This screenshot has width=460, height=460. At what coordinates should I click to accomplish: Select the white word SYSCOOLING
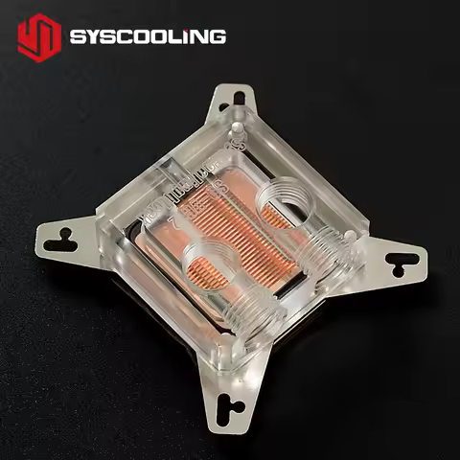tap(148, 37)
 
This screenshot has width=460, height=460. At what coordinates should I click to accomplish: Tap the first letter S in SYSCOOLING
tap(78, 37)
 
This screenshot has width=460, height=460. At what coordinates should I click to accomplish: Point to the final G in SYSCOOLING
tap(218, 37)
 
